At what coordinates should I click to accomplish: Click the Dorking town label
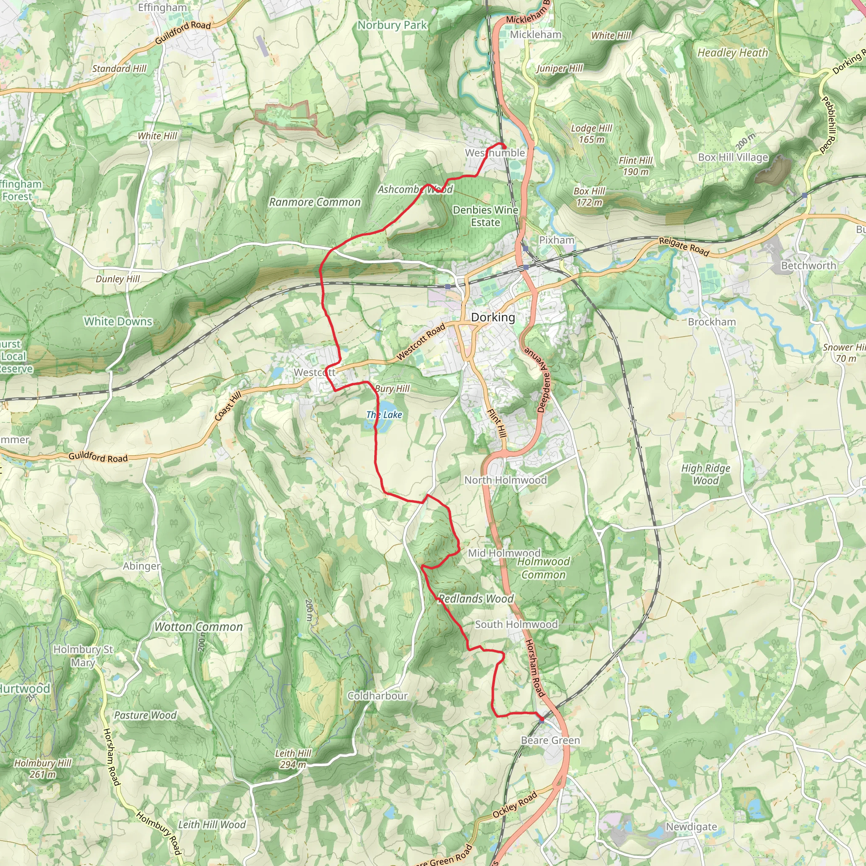(x=493, y=318)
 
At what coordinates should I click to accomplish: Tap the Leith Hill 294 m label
(x=293, y=759)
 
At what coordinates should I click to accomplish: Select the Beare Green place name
(x=550, y=740)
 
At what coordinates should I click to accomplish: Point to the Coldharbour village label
(x=378, y=696)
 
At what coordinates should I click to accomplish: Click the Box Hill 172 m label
(x=589, y=197)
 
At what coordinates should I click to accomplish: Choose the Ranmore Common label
(x=315, y=202)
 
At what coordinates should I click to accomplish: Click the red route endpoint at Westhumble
(x=504, y=147)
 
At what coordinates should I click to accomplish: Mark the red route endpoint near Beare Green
(x=542, y=719)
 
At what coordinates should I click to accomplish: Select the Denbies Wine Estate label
(x=485, y=216)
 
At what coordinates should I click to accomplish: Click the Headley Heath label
(x=732, y=53)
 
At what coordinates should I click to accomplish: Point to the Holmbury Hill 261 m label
(x=43, y=768)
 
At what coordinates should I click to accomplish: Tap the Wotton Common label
(x=199, y=627)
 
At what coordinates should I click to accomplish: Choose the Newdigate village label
(x=691, y=827)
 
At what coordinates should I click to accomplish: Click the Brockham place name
(x=712, y=322)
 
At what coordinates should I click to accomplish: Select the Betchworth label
(x=808, y=266)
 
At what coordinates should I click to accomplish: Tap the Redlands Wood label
(x=476, y=599)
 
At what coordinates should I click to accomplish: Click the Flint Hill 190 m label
(x=635, y=166)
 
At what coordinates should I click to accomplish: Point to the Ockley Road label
(x=514, y=806)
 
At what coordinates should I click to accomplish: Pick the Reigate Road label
(x=684, y=247)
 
